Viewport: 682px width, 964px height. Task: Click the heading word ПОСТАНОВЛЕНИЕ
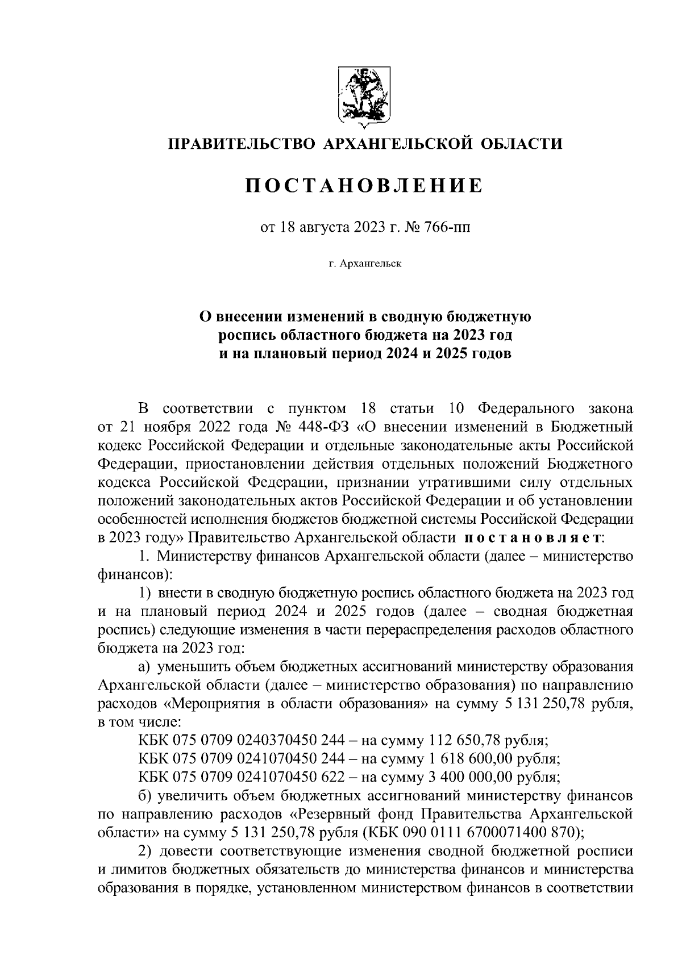click(x=364, y=186)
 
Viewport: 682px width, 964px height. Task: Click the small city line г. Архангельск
click(x=364, y=264)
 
